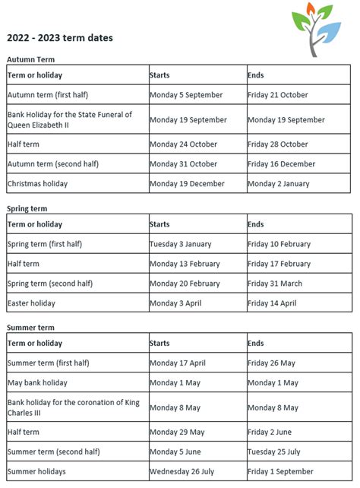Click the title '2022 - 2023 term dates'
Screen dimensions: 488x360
coord(61,37)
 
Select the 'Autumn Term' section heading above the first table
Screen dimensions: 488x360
coord(30,59)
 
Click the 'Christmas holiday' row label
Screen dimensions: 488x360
coord(37,183)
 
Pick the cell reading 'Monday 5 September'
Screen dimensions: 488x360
coord(186,95)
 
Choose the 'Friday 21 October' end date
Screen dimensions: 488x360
coord(278,95)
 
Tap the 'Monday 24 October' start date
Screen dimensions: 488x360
coord(183,144)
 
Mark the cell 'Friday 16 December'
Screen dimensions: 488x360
coord(281,163)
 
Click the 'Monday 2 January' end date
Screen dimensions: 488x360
coord(278,183)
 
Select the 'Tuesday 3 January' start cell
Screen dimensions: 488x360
coord(181,244)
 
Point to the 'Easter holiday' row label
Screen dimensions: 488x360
coord(31,303)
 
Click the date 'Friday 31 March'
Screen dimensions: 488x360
coord(274,284)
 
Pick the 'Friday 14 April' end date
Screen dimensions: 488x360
coord(271,303)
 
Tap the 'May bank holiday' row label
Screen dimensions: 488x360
coord(37,383)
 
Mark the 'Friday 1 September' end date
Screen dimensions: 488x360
coord(279,471)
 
